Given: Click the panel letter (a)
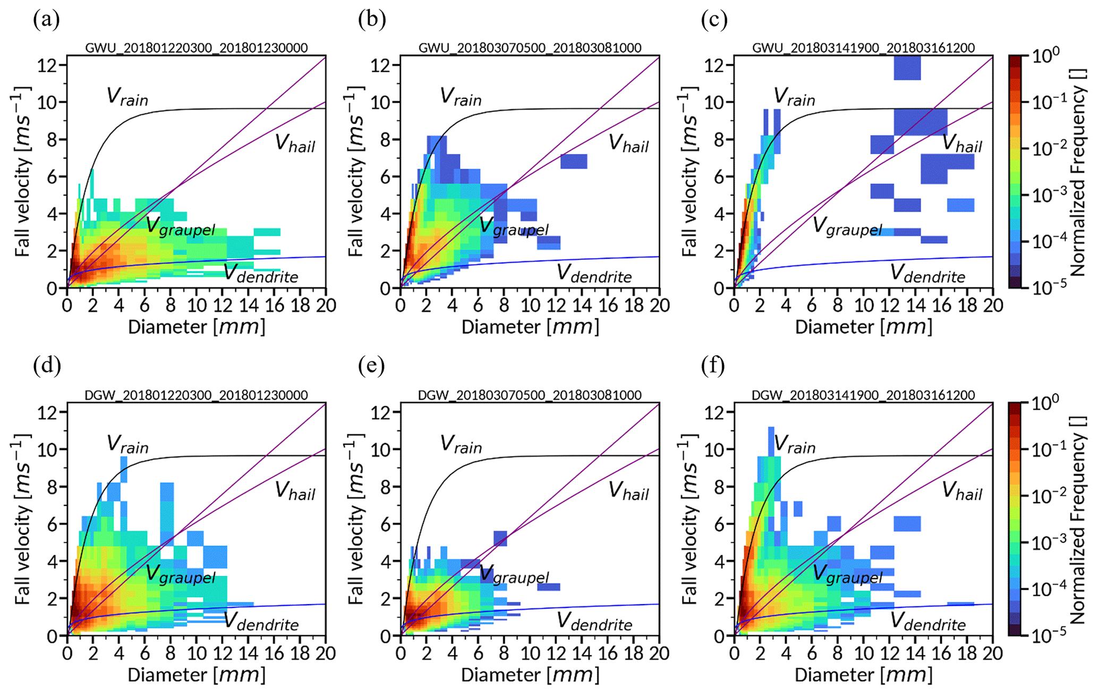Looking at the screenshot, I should tap(46, 20).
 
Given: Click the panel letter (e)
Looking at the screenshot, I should tap(371, 366).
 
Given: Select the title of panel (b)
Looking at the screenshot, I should tap(530, 48).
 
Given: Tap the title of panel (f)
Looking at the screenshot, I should tap(863, 395).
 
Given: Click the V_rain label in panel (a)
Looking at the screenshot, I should tap(127, 97).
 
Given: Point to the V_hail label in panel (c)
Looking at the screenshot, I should tap(962, 143).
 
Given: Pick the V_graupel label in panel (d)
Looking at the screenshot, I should tap(181, 574).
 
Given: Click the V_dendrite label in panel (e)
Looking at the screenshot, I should tap(594, 622).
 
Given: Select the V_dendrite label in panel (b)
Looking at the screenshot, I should tap(594, 274).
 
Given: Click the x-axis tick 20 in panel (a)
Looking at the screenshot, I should tap(326, 306).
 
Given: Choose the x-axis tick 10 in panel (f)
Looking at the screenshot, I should tap(863, 653).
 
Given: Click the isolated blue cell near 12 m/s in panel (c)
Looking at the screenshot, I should tap(907, 67).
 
